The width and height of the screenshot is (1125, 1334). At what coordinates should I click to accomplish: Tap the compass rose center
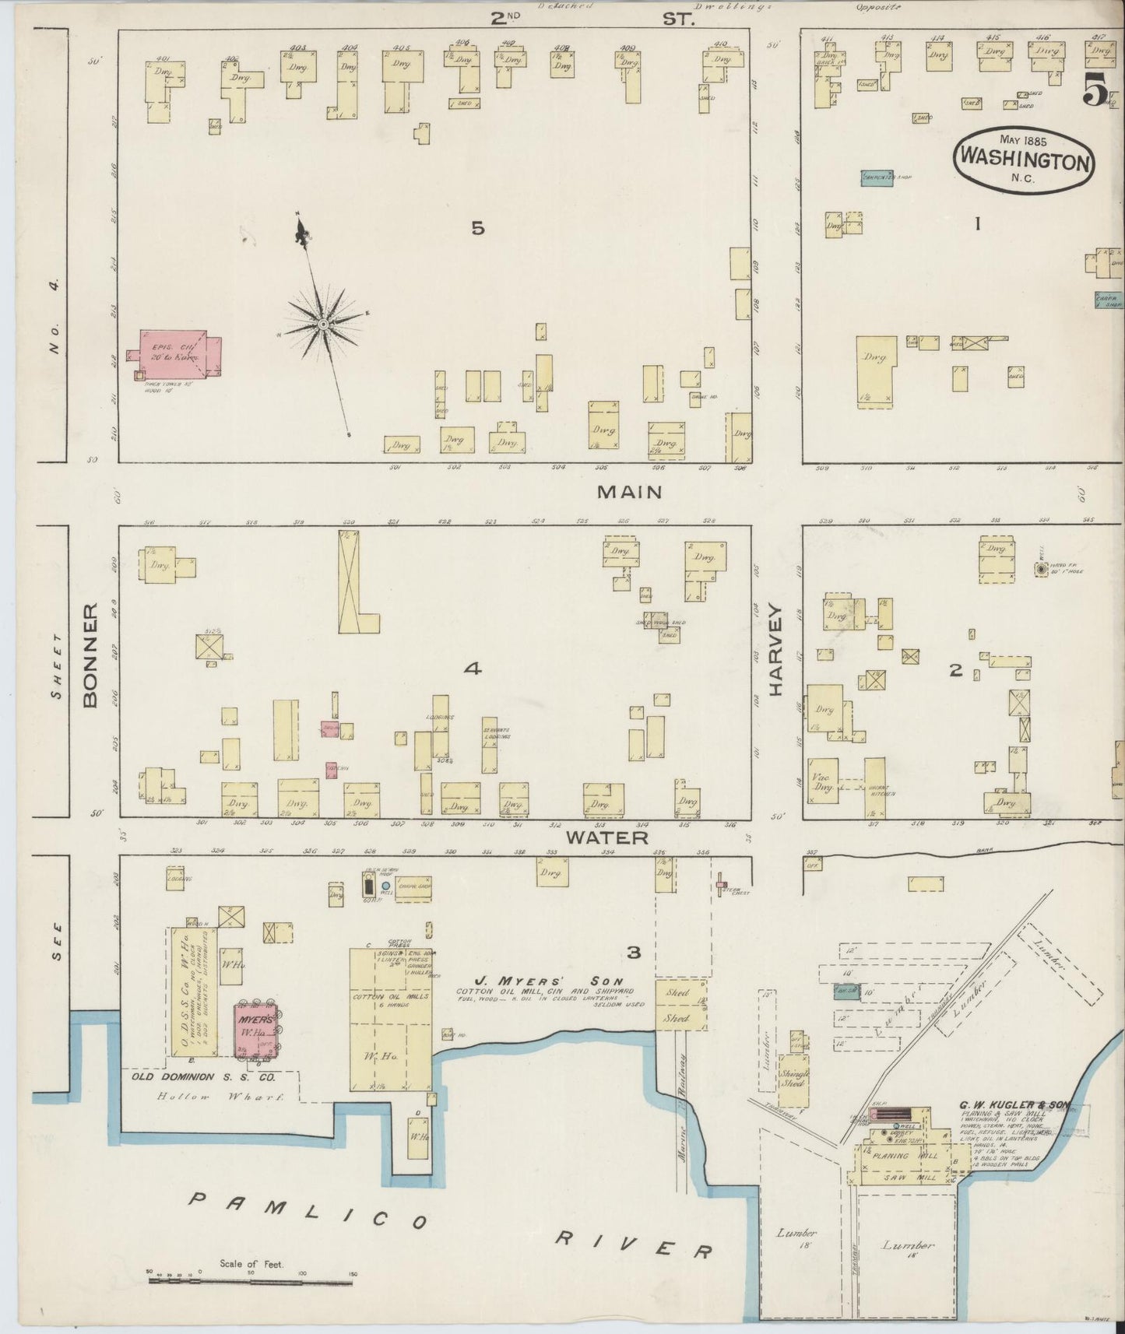tap(322, 322)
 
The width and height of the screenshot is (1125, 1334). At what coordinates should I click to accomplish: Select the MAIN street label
tap(629, 492)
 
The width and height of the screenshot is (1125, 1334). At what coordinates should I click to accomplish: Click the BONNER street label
tap(90, 655)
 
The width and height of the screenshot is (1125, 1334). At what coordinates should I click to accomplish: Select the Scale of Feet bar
tap(251, 1281)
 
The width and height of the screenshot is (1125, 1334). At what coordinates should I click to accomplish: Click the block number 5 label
tap(478, 228)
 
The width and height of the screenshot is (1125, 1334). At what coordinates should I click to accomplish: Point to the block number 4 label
tap(472, 669)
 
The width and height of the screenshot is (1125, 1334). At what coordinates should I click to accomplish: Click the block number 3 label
tap(634, 953)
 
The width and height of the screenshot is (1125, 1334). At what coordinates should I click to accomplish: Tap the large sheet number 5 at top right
tap(1095, 92)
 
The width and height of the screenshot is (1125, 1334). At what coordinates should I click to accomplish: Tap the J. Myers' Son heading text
tap(528, 981)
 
